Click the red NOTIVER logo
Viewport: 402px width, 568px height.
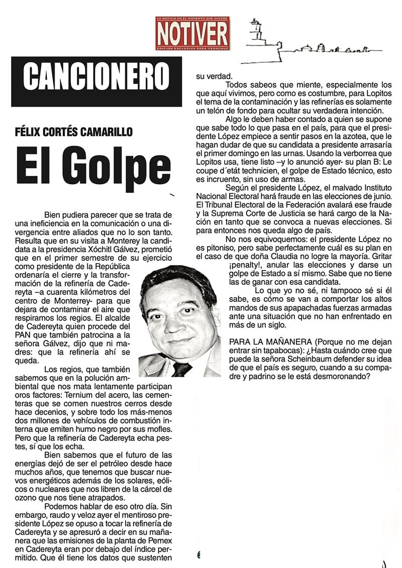(x=192, y=33)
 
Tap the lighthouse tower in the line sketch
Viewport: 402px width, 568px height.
(x=256, y=33)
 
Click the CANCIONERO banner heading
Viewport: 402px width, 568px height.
(x=96, y=75)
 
